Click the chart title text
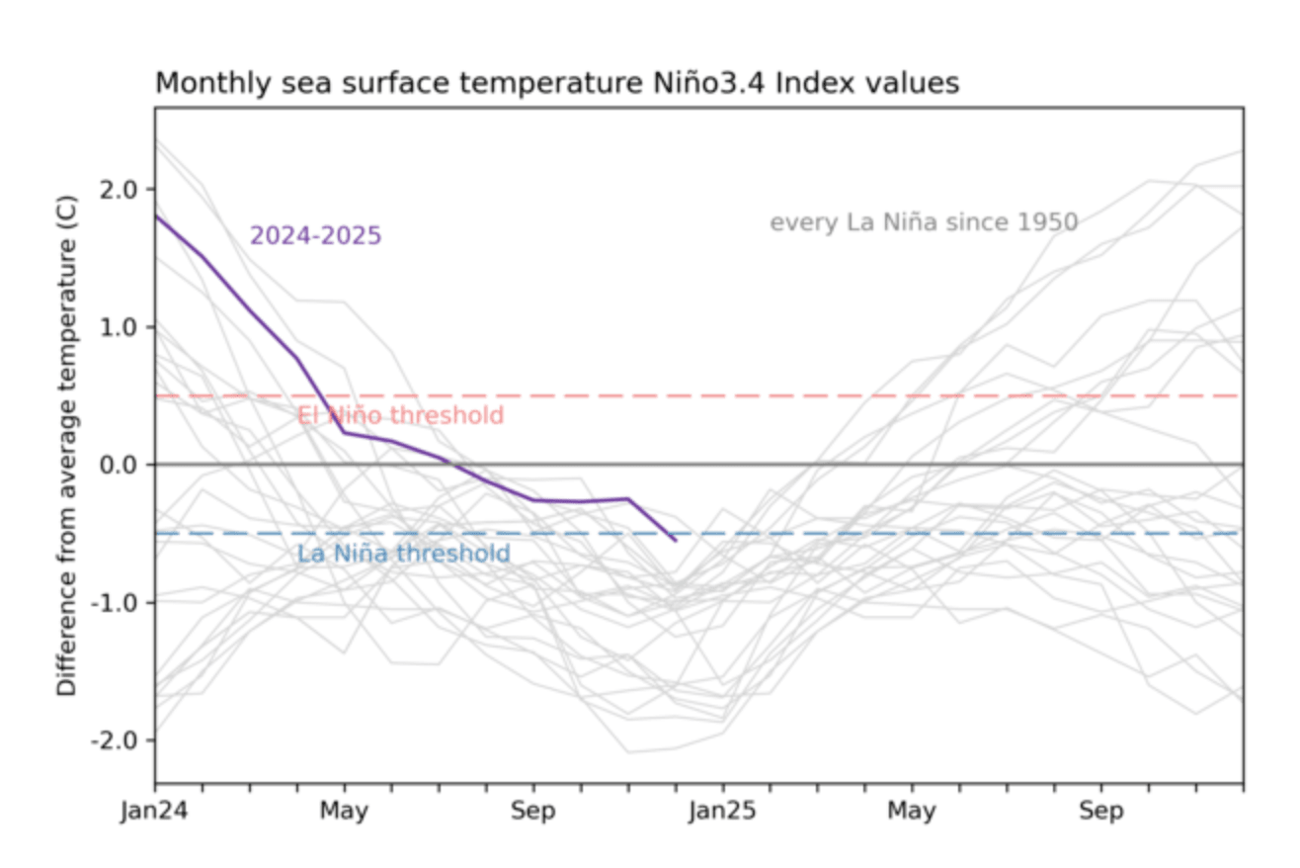tap(557, 84)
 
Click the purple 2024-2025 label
tap(315, 236)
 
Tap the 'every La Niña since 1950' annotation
tap(924, 222)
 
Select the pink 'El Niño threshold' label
tap(400, 415)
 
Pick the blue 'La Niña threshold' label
tap(403, 554)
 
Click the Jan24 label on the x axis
tap(155, 813)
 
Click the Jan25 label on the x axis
tap(722, 813)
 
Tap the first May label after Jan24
tap(344, 813)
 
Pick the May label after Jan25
tap(912, 813)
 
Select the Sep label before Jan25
tap(533, 813)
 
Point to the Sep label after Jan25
tap(1100, 813)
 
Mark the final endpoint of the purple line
tap(676, 541)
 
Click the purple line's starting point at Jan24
tap(156, 216)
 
